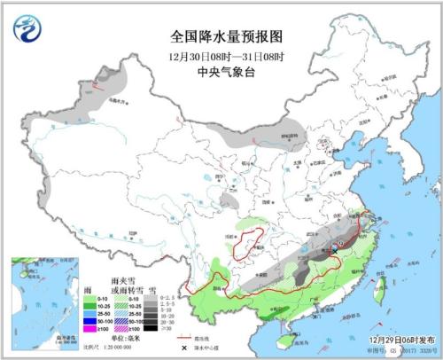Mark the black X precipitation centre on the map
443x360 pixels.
[336, 251]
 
